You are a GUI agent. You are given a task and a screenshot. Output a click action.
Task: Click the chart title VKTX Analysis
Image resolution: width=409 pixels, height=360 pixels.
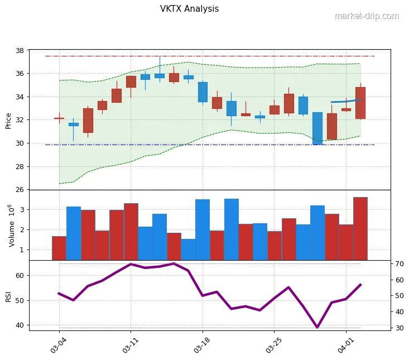[189, 9]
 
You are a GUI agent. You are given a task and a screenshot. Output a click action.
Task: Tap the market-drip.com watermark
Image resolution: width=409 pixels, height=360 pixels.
[367, 16]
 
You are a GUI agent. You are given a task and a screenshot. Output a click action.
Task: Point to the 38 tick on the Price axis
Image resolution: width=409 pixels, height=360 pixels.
[19, 50]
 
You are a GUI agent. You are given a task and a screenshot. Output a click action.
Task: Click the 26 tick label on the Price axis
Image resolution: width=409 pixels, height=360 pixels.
[19, 190]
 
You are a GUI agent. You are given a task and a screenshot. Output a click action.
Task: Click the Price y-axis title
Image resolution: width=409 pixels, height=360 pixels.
[8, 120]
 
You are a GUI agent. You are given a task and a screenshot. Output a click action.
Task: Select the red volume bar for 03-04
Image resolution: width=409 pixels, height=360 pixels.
[59, 248]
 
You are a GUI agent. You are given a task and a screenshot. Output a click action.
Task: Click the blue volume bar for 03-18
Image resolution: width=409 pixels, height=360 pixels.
[203, 229]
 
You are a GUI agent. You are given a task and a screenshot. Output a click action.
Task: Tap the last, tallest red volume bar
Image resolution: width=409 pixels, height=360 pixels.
[360, 229]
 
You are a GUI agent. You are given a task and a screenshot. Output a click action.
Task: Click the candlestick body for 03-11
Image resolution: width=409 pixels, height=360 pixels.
[131, 81]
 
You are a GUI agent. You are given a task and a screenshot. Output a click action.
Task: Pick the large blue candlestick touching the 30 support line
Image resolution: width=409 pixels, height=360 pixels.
[317, 128]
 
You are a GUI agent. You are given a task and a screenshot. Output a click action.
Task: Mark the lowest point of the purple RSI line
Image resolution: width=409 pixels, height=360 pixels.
[317, 327]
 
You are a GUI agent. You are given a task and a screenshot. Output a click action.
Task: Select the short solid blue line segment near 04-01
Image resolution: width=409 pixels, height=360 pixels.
[346, 101]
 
